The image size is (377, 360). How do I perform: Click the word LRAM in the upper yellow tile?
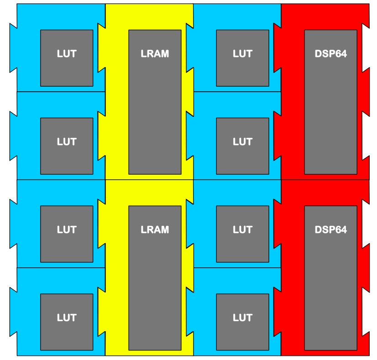pos(155,54)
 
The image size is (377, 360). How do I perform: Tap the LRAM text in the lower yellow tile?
pos(155,230)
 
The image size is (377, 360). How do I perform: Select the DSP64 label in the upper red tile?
pos(330,54)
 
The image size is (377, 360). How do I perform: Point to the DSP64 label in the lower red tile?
pos(330,230)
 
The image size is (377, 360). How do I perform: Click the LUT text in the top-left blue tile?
pos(67,54)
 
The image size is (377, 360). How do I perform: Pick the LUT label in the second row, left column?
pos(67,142)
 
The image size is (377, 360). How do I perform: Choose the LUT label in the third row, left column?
pos(67,230)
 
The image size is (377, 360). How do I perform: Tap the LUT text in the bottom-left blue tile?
pos(67,318)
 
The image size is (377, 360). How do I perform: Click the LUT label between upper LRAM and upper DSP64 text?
pos(242,54)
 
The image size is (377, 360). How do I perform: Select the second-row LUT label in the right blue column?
pos(242,142)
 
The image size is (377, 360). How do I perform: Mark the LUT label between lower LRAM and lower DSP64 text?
pos(242,230)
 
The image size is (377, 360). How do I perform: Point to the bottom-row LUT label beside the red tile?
pos(242,318)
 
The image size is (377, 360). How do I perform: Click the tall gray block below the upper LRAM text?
pos(155,119)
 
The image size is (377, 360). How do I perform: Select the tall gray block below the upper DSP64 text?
pos(330,119)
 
